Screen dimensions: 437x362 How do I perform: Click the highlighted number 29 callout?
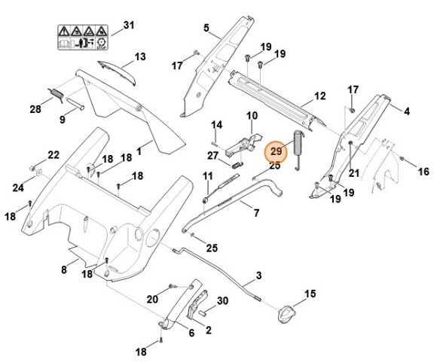tap(277, 151)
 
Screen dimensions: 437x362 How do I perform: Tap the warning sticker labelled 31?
tap(83, 38)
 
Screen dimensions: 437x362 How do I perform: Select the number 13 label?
tap(140, 56)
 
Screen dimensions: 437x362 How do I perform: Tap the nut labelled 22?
tap(32, 168)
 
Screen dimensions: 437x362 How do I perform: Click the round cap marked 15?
tap(286, 314)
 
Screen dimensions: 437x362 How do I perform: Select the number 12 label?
tap(320, 96)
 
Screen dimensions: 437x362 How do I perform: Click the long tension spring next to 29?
tap(298, 150)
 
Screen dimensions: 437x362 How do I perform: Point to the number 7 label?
tap(256, 213)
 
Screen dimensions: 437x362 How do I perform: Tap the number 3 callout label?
tap(259, 275)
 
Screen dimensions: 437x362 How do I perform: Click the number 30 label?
tap(223, 301)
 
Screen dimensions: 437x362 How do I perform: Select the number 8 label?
tap(64, 269)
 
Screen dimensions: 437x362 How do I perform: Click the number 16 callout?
tap(423, 172)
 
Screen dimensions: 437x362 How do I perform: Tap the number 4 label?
tap(407, 111)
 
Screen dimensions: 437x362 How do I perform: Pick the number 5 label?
tap(206, 28)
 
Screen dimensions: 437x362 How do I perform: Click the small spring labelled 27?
tap(236, 165)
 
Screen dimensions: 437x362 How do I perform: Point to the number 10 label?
tap(252, 115)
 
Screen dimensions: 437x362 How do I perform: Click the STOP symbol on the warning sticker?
tap(101, 44)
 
